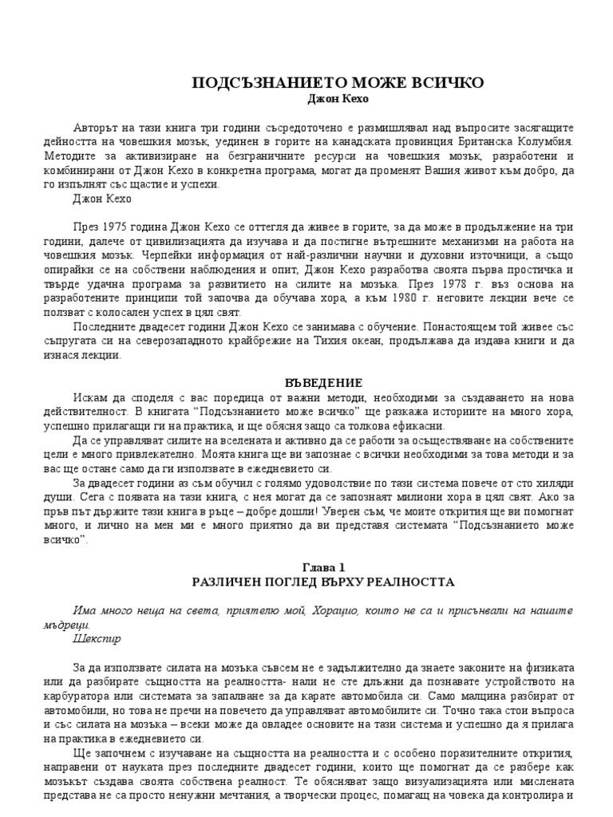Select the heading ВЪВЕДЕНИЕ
click(323, 383)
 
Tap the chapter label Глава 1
click(323, 567)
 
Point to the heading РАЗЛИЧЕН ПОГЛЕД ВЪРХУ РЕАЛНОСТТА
click(323, 582)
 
